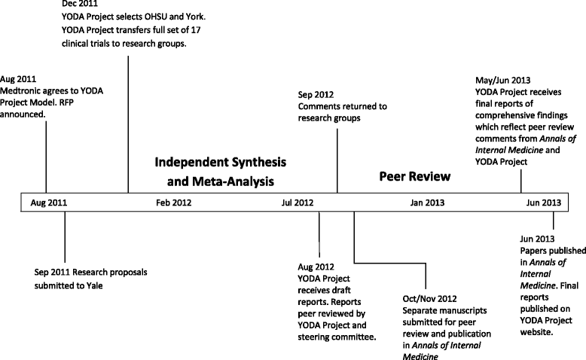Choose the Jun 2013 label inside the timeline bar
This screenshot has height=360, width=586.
coord(543,203)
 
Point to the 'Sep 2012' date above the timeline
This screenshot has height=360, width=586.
coord(315,95)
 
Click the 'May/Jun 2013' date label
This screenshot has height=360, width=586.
coord(492,79)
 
